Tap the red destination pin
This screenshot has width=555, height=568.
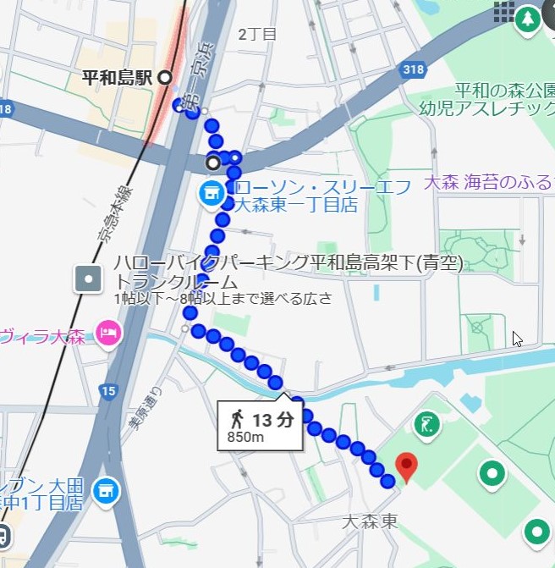tap(407, 466)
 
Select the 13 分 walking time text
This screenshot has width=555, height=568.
tap(272, 419)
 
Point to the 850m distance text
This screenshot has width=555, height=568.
tap(246, 437)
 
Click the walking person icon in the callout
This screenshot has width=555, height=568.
tap(237, 418)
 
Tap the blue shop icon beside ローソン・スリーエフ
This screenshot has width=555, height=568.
tap(209, 194)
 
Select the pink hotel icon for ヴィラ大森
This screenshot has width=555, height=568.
tap(108, 333)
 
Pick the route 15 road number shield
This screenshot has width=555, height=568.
tap(107, 390)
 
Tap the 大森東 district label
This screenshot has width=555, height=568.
tap(370, 520)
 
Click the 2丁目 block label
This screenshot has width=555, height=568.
tap(257, 35)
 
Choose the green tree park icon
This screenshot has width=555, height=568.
tap(528, 18)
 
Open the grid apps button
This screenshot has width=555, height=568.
tap(504, 11)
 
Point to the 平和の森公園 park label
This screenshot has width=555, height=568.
tap(504, 91)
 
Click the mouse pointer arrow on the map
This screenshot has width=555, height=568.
tap(517, 339)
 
